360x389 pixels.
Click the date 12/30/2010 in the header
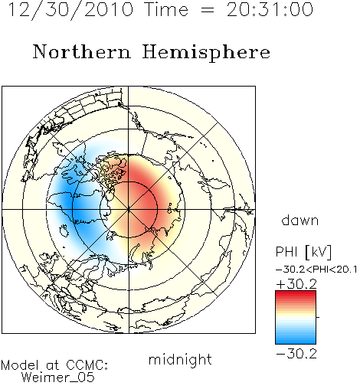click(x=70, y=10)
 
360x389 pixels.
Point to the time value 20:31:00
click(x=270, y=10)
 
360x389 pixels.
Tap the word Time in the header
click(x=166, y=10)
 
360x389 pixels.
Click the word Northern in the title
click(x=82, y=52)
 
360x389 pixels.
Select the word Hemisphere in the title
click(x=206, y=53)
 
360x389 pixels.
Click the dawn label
click(x=300, y=220)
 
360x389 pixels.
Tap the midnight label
click(x=180, y=359)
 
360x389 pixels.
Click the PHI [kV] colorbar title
click(x=303, y=252)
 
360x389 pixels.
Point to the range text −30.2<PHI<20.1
click(x=316, y=270)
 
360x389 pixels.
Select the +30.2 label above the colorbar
click(x=296, y=284)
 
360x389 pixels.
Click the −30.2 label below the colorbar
click(x=296, y=354)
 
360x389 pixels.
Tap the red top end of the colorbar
click(x=296, y=294)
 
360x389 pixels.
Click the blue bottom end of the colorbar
click(x=296, y=342)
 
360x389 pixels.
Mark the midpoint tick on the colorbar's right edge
click(x=317, y=317)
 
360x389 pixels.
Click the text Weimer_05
click(x=58, y=377)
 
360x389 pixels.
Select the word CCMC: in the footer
click(x=87, y=365)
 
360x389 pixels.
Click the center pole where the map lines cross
click(x=129, y=210)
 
